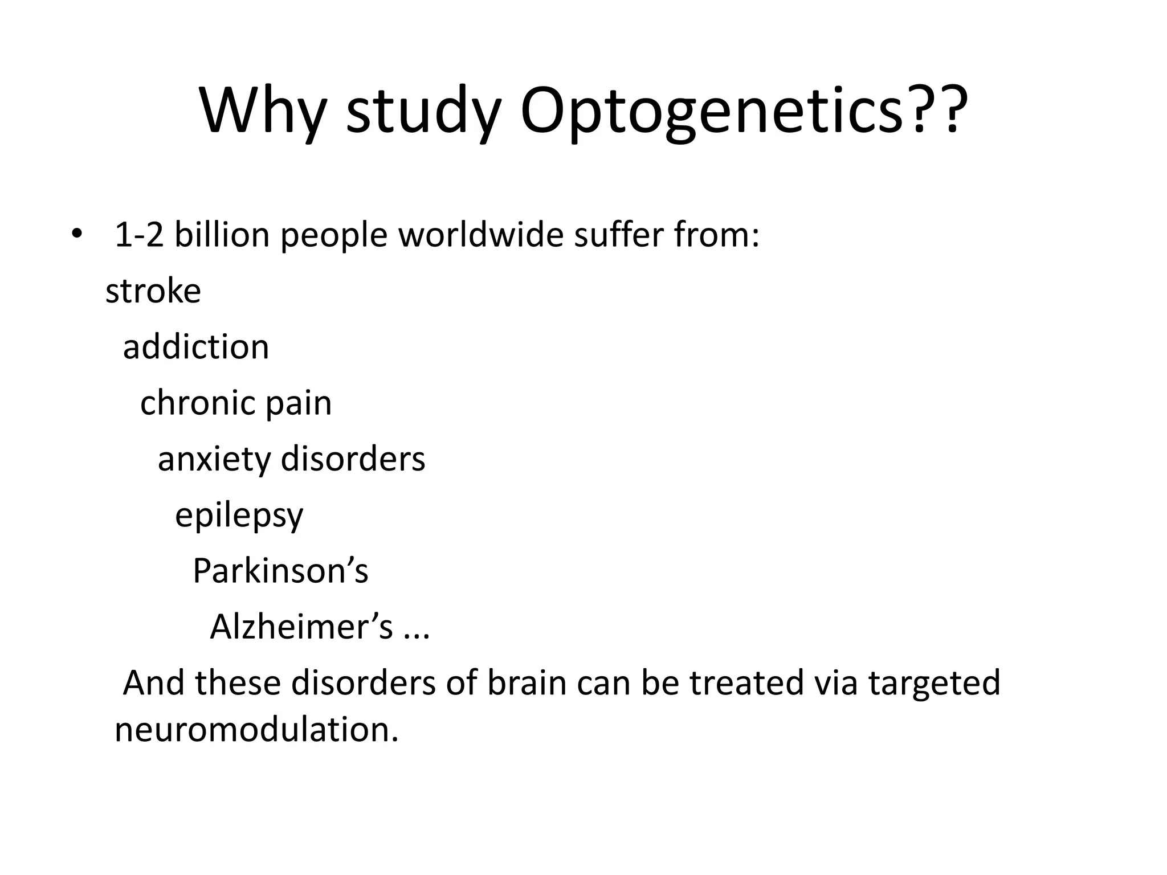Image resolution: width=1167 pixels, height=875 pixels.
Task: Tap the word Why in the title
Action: tap(263, 111)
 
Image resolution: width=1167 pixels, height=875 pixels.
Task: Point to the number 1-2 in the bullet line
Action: tap(139, 235)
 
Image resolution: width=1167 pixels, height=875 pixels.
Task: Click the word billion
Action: tap(222, 235)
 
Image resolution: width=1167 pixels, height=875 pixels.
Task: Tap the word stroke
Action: tap(153, 291)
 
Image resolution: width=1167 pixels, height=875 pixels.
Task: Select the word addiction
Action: tap(196, 347)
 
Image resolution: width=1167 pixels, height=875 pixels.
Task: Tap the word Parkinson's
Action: tap(280, 571)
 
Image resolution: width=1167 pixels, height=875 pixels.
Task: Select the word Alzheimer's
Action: tap(301, 627)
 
